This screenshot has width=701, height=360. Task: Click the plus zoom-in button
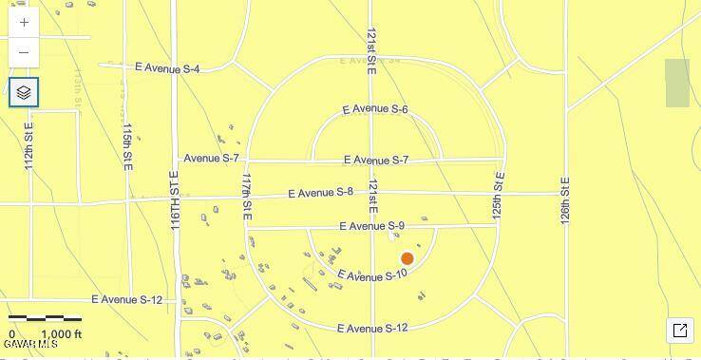24,23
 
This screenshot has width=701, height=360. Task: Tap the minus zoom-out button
24,52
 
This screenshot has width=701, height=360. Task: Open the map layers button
24,92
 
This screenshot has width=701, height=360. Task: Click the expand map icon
680,331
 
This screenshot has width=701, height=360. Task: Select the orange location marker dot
407,258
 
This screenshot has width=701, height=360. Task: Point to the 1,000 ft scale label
62,334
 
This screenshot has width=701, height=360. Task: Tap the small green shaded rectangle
676,83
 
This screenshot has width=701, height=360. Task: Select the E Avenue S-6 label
374,109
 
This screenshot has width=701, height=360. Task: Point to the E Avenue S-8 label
320,193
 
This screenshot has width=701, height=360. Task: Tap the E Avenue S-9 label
372,226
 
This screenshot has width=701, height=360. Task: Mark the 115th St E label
127,147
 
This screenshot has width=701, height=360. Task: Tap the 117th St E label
248,198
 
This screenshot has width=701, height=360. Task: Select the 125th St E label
498,197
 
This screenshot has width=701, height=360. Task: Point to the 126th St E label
565,199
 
